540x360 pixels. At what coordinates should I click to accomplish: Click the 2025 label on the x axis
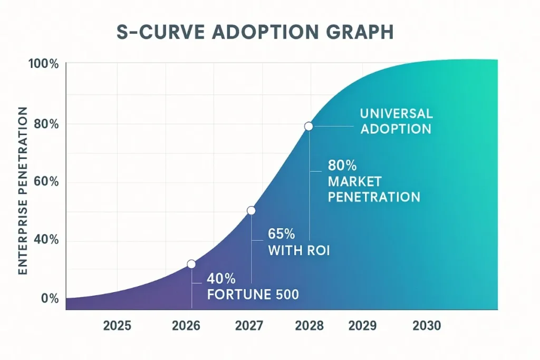click(117, 326)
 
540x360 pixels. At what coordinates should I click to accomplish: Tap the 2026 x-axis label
click(186, 326)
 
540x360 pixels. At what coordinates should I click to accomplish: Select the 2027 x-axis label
click(248, 326)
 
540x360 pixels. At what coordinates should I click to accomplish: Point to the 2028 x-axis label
click(309, 326)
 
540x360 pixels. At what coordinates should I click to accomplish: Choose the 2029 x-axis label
click(362, 326)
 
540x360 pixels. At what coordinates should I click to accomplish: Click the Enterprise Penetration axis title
click(23, 190)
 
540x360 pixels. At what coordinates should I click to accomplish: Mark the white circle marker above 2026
click(191, 264)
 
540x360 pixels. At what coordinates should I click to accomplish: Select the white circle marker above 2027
click(251, 210)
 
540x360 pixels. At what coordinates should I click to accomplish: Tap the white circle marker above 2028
click(308, 127)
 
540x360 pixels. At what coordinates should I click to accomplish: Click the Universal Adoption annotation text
click(396, 121)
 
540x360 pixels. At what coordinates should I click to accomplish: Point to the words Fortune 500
click(253, 295)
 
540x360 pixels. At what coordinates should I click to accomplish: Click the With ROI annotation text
click(299, 250)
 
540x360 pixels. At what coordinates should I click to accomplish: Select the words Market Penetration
click(374, 189)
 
